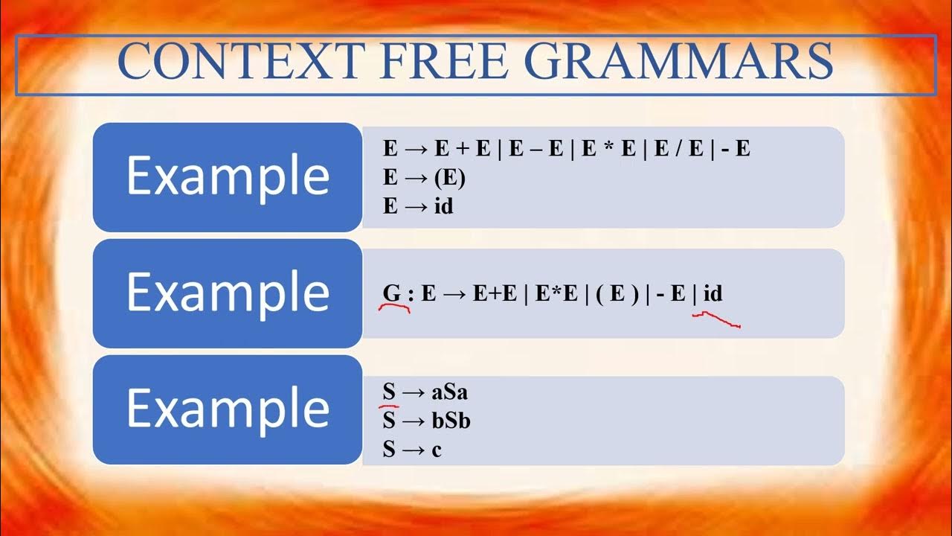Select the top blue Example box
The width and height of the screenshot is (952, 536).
(x=227, y=176)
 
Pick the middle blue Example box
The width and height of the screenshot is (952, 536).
(x=227, y=293)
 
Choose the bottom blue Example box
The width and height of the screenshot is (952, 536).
(x=227, y=409)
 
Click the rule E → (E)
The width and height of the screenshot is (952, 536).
(x=424, y=179)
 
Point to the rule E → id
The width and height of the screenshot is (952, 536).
(x=418, y=206)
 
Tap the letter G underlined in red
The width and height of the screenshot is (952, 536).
(x=392, y=293)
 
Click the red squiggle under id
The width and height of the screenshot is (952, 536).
(x=715, y=320)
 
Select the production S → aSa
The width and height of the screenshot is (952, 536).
(x=425, y=392)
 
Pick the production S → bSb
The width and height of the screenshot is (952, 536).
(x=426, y=421)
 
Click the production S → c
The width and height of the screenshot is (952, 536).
(x=412, y=450)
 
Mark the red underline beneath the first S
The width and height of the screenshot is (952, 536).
(x=389, y=406)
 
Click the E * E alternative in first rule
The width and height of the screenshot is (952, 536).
(x=607, y=149)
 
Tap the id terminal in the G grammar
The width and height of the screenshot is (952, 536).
(x=713, y=293)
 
